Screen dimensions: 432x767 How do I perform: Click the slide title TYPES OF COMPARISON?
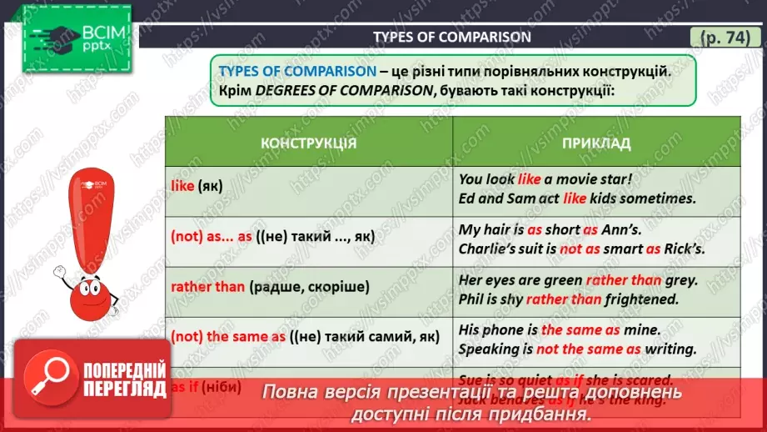(451, 37)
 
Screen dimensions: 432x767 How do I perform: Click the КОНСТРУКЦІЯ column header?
(308, 143)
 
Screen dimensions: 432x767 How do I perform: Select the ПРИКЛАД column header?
(596, 143)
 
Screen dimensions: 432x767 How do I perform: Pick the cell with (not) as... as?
(272, 237)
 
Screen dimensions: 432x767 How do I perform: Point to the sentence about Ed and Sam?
(576, 198)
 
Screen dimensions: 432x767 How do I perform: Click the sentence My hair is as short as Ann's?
(550, 229)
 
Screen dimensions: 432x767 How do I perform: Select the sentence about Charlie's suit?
(584, 249)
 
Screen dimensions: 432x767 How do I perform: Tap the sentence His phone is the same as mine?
(560, 330)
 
